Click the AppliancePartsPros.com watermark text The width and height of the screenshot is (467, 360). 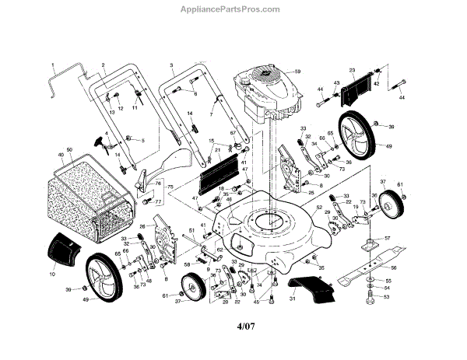(233, 9)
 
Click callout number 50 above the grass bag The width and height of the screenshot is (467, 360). (69, 149)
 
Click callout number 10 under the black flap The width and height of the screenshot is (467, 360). (53, 274)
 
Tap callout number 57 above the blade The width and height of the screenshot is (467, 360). (388, 238)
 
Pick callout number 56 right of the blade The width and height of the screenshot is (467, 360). (416, 267)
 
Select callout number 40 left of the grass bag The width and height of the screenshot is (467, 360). (60, 154)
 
